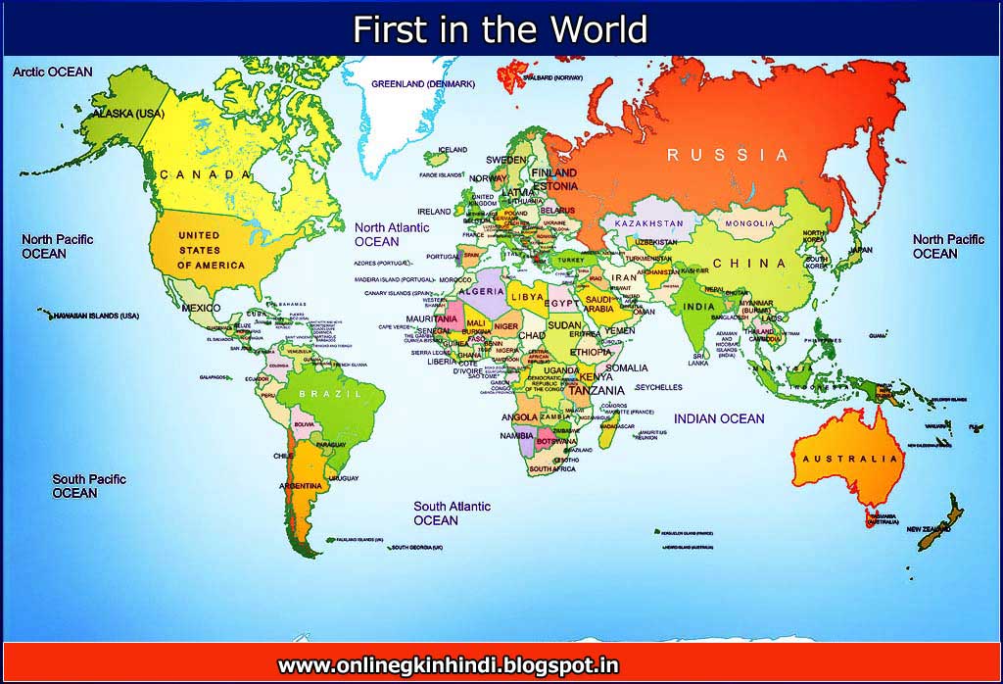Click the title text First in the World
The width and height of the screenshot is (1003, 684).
click(500, 29)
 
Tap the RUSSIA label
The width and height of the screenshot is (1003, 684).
click(727, 155)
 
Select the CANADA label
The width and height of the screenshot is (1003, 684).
click(206, 174)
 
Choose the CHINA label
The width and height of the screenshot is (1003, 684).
click(749, 264)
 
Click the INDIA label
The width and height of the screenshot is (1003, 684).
click(697, 307)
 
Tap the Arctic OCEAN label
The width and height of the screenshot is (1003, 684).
click(53, 73)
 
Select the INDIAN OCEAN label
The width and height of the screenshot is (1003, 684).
click(719, 419)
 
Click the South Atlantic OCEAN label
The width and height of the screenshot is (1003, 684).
click(452, 513)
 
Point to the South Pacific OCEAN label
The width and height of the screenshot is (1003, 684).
click(89, 486)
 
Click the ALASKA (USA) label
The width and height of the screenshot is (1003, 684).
click(128, 115)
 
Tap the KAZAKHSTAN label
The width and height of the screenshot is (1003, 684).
click(648, 224)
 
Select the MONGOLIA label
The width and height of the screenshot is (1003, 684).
click(749, 224)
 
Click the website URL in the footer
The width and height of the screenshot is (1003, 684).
click(448, 666)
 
